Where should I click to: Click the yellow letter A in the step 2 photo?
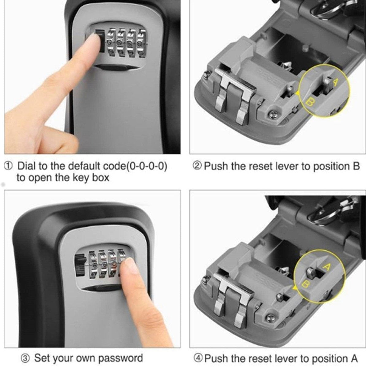[336, 82]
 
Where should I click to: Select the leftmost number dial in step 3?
[93, 265]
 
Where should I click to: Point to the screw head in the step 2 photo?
[271, 114]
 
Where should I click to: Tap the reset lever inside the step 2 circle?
[328, 84]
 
